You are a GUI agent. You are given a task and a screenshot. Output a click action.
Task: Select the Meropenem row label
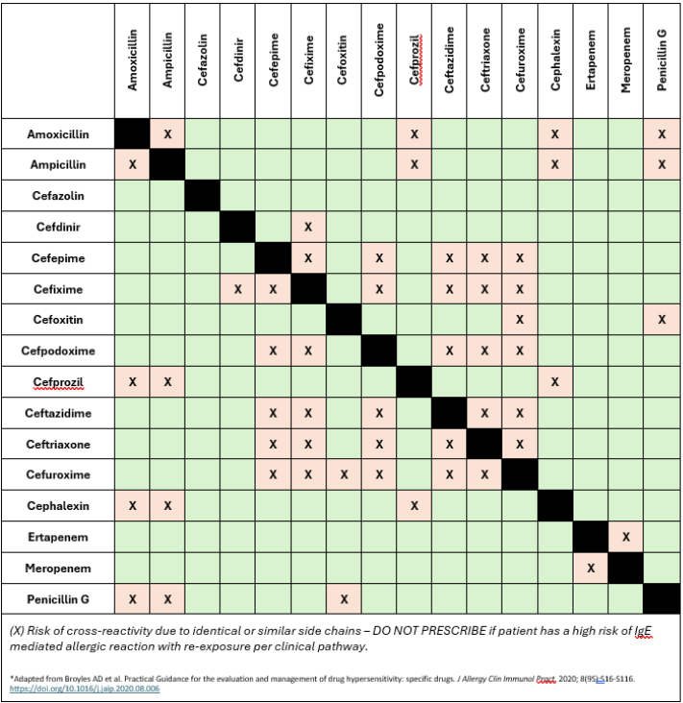pos(58,569)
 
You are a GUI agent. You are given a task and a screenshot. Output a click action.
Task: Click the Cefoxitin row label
pos(58,320)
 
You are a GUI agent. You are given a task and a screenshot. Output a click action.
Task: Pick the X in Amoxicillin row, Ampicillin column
pos(167,134)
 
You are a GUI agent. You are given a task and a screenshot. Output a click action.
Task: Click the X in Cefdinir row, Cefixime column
pos(308,228)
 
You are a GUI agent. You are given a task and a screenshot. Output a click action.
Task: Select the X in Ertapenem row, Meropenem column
pos(625,537)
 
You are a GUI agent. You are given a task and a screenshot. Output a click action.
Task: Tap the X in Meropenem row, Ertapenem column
pos(590,569)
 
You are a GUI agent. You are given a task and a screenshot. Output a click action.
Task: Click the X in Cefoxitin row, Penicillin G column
pos(661,320)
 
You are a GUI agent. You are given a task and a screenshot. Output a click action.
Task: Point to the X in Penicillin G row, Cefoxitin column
pos(343,599)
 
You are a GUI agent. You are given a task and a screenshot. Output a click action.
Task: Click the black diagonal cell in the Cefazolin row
pos(203,196)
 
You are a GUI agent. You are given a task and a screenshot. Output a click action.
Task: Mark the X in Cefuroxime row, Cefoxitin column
pos(343,474)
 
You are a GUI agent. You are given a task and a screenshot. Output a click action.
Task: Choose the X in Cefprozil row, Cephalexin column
pos(554,382)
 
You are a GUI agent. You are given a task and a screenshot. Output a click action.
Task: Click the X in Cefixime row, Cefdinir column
pos(237,289)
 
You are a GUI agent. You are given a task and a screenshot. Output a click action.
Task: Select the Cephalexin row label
pos(58,506)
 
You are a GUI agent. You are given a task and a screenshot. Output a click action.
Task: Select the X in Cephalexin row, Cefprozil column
pos(414,506)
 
